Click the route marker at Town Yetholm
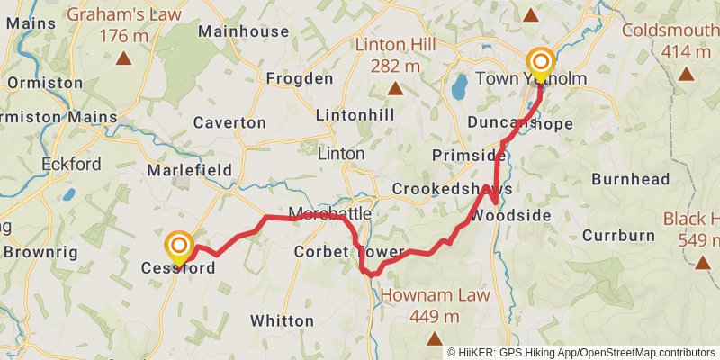[x=540, y=61]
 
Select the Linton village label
[x=341, y=154]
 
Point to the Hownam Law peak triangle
[x=434, y=338]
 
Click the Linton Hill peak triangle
[x=395, y=87]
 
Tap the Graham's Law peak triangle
[x=124, y=59]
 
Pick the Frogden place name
[x=300, y=79]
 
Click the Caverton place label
[x=229, y=122]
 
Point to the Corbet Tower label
[x=338, y=253]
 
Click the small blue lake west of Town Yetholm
[x=459, y=87]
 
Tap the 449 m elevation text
[x=434, y=317]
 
